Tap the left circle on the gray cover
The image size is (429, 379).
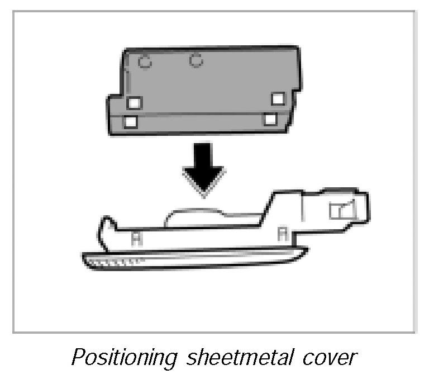point(145,61)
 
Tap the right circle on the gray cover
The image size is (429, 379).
point(196,60)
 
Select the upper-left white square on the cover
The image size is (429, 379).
point(135,103)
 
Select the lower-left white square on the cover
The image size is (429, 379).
point(130,121)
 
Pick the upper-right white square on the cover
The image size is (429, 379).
point(278,99)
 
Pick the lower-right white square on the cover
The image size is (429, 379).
point(270,119)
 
